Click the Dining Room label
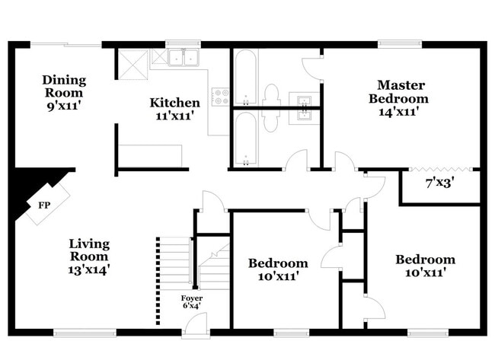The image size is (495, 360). coord(64,92)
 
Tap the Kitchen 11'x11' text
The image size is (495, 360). coord(174,109)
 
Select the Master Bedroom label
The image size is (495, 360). coord(398,97)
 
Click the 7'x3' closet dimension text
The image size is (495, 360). coord(440,183)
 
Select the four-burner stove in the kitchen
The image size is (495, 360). coord(221,97)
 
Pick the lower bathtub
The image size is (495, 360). coord(246,138)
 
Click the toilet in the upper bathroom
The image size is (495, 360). coord(271,100)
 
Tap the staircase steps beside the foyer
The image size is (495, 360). coord(174,263)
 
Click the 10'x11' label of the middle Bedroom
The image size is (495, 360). coord(279,276)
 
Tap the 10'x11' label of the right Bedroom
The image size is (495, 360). coord(425,272)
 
